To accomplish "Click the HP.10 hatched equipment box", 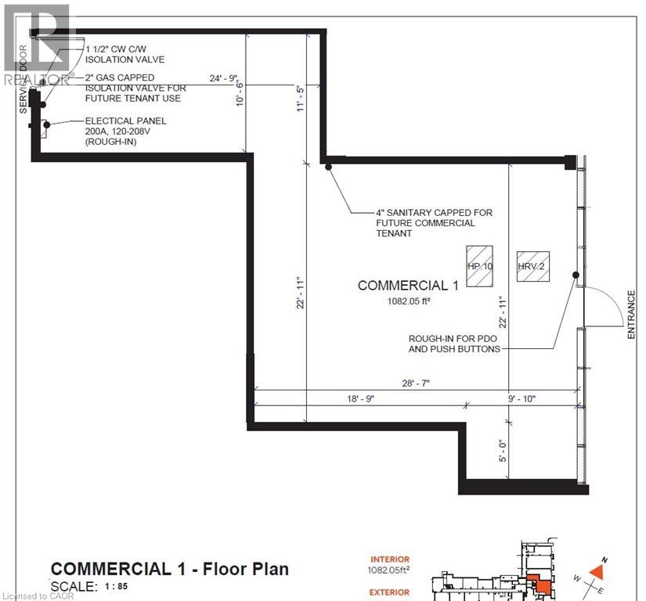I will coord(478,265).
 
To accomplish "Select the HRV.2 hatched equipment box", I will coord(530,266).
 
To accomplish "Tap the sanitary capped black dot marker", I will coord(329,165).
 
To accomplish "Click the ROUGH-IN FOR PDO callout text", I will coord(454,344).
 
